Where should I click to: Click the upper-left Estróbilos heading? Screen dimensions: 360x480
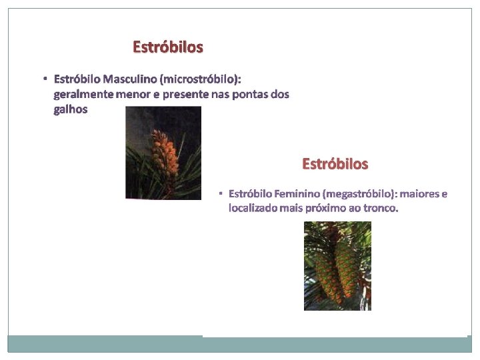(168, 47)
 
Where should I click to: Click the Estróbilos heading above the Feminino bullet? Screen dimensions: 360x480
(335, 163)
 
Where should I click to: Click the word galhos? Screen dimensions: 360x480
(70, 109)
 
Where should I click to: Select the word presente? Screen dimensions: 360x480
(186, 95)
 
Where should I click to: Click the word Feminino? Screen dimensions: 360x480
(296, 194)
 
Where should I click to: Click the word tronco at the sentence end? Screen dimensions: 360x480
(380, 208)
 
